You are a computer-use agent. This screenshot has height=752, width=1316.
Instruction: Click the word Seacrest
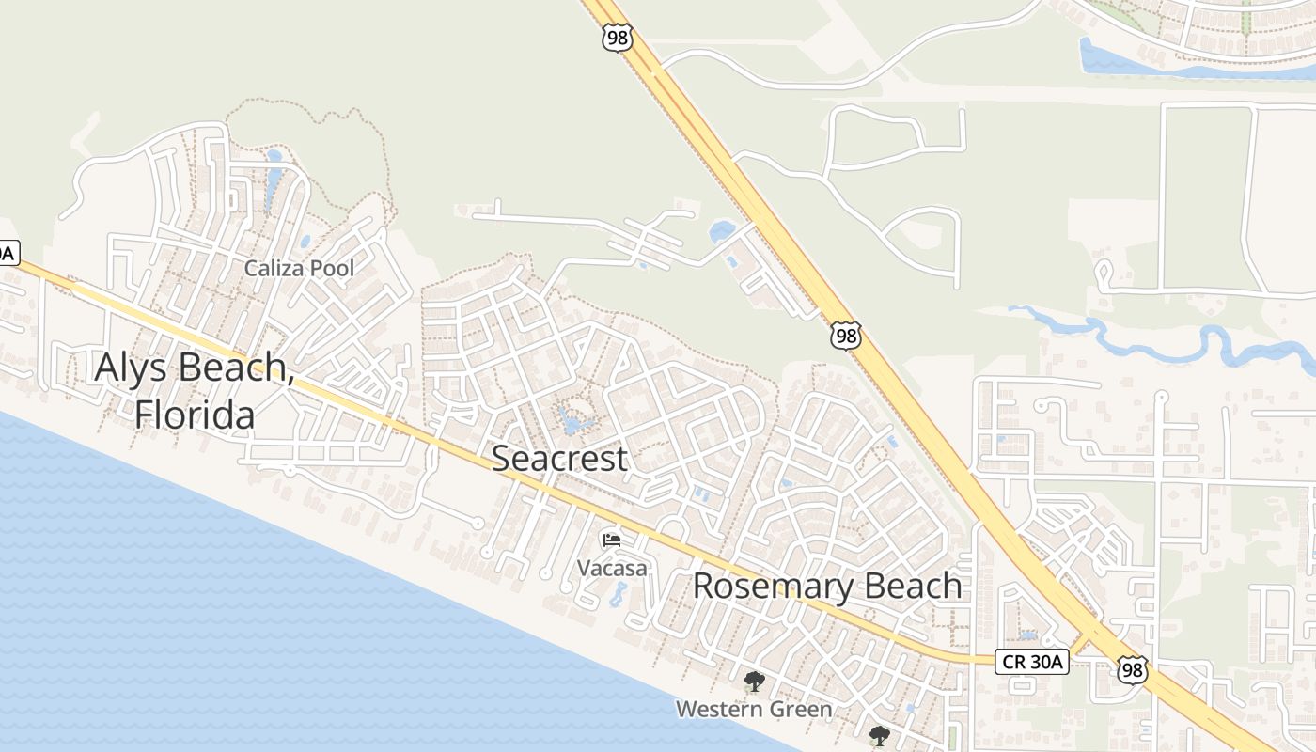tap(559, 459)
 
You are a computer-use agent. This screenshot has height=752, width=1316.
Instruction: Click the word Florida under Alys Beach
tap(195, 414)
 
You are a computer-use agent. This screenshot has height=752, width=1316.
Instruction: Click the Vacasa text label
tap(612, 568)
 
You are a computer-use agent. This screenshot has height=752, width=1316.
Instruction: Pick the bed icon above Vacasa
tap(612, 540)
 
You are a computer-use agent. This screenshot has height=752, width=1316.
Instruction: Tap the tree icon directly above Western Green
tap(753, 681)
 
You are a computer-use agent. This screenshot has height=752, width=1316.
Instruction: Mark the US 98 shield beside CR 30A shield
tap(1133, 669)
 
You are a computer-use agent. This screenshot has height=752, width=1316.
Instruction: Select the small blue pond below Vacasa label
tap(618, 594)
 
